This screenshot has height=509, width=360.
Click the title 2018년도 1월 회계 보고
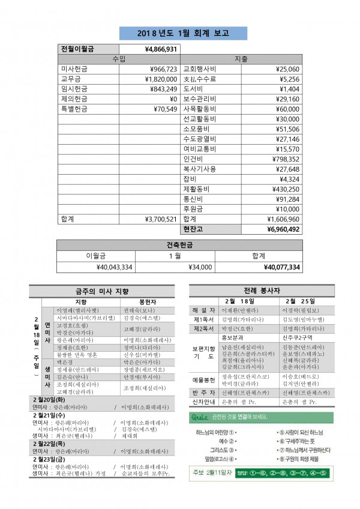click(179, 32)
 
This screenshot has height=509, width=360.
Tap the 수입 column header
click(119, 59)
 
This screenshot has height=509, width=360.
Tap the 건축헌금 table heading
click(179, 245)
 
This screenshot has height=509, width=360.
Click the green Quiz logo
click(199, 417)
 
